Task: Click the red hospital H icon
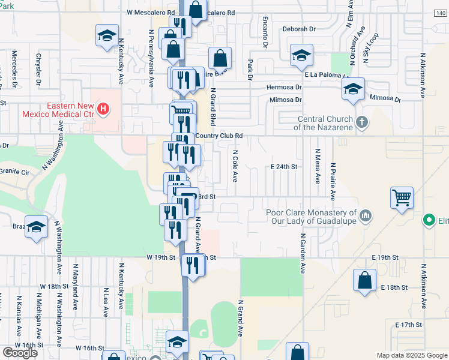click(x=104, y=109)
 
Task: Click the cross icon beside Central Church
click(x=361, y=122)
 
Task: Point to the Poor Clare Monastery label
click(x=312, y=217)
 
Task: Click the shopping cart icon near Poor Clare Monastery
click(x=402, y=197)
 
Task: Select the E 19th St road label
click(x=385, y=257)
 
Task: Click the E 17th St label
click(x=409, y=325)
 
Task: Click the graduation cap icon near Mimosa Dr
click(x=354, y=89)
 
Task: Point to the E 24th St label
click(x=284, y=166)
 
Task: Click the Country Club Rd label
click(x=218, y=136)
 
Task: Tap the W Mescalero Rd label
click(x=150, y=12)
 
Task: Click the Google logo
click(x=20, y=353)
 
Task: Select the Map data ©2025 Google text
click(x=411, y=355)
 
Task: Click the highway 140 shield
click(x=441, y=11)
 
